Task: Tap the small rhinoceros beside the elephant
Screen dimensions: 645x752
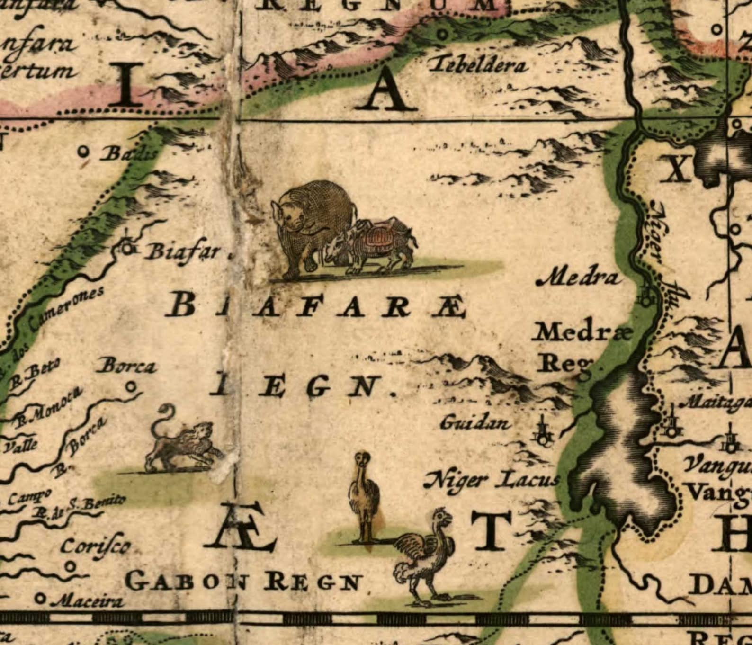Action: click(374, 246)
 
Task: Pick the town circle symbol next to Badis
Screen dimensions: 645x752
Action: click(84, 152)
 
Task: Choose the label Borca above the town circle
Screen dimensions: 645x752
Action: click(128, 367)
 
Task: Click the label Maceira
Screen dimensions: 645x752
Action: click(88, 601)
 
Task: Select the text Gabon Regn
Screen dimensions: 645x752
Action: click(244, 582)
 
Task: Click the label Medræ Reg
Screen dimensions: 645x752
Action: click(575, 348)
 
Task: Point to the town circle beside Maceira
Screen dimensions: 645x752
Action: click(42, 599)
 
